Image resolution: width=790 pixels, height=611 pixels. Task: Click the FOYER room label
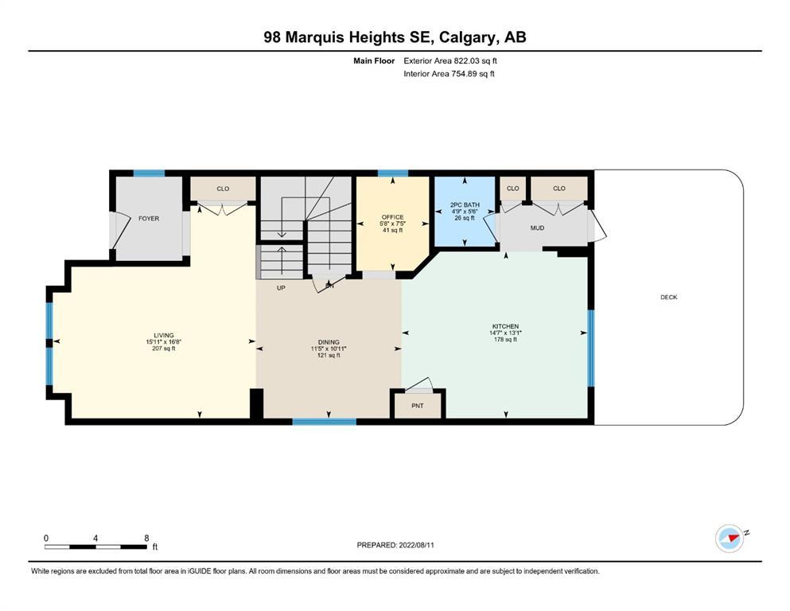[x=149, y=219]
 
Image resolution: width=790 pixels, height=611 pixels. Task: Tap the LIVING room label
[x=164, y=335]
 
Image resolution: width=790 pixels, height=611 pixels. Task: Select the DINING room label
[x=329, y=342]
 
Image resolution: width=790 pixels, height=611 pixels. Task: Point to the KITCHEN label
[x=505, y=326]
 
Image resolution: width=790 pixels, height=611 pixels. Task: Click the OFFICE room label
[x=392, y=217]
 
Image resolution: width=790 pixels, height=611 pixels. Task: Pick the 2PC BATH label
[x=465, y=205]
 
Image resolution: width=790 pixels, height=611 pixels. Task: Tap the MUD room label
[x=537, y=228]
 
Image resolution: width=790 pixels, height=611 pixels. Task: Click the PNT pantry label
[x=417, y=406]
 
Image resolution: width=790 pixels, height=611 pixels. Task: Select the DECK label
[x=668, y=298]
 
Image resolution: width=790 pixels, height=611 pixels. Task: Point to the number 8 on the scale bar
[x=146, y=538]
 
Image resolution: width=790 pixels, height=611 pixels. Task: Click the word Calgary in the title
[x=465, y=37]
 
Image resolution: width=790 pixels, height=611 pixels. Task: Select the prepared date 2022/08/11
[x=416, y=545]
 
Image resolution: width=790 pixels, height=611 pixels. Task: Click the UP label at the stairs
[x=281, y=288]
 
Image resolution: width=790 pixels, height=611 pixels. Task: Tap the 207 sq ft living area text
[x=164, y=348]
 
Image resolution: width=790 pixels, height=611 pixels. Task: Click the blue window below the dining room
[x=325, y=422]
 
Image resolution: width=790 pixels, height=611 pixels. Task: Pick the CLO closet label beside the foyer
[x=223, y=189]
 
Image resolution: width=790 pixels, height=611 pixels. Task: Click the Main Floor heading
[x=374, y=61]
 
